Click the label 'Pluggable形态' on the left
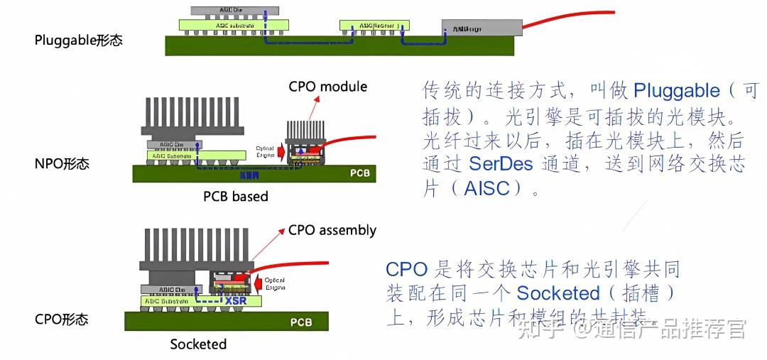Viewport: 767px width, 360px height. (78, 40)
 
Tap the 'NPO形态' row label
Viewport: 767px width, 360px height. (62, 164)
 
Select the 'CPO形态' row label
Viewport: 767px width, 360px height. (62, 320)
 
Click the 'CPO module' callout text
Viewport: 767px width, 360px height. (327, 87)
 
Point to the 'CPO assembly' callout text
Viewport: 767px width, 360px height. (332, 230)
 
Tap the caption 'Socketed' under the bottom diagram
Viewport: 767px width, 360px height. (198, 344)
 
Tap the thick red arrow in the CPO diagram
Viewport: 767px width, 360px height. (261, 282)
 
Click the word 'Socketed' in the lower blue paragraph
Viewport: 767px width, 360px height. (558, 293)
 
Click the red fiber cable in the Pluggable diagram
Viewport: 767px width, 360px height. (568, 20)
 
